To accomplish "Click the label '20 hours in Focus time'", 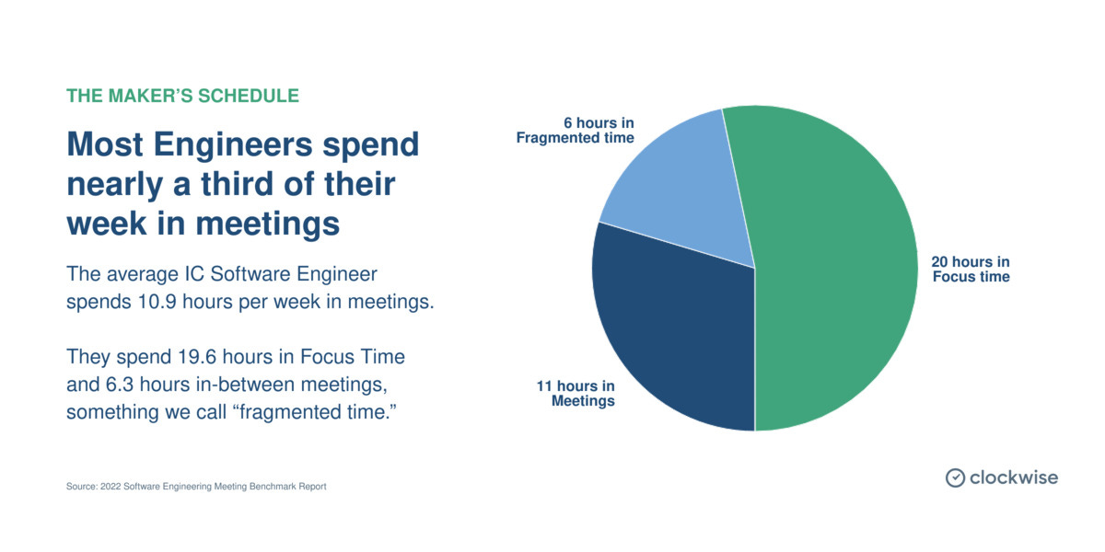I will coord(971,270).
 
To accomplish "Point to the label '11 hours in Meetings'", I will coord(576,394).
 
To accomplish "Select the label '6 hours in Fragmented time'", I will coord(575,130).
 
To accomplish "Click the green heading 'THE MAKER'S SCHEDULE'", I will coord(182,96).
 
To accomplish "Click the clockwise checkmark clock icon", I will coord(955,477).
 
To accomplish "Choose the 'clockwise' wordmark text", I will coord(1014,477).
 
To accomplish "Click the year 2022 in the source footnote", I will coord(114,487).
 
